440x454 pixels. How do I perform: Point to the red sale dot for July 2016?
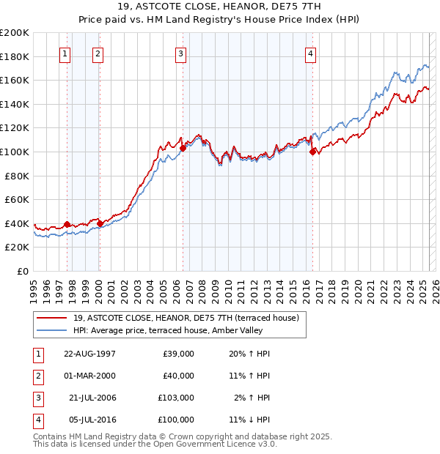[x=313, y=152]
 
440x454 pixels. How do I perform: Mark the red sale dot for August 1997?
[x=67, y=224]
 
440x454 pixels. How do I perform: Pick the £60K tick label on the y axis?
[x=17, y=199]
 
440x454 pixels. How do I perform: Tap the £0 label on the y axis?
[x=22, y=271]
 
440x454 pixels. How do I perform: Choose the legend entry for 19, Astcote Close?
[x=186, y=319]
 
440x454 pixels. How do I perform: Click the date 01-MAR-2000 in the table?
[x=89, y=376]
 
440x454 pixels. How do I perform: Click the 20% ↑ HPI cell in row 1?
[x=249, y=354]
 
